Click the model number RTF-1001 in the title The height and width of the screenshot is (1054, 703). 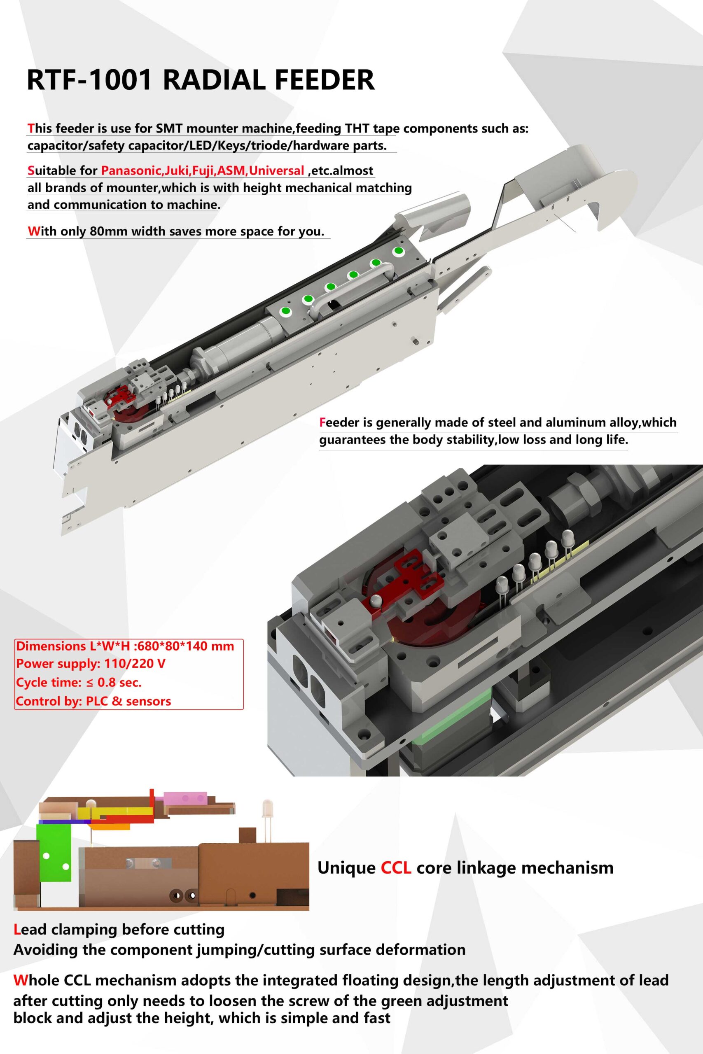pyautogui.click(x=90, y=80)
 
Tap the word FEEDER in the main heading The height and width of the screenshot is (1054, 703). pyautogui.click(x=324, y=80)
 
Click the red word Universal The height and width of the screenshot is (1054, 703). pyautogui.click(x=277, y=171)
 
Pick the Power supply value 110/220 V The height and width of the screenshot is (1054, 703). pyautogui.click(x=135, y=664)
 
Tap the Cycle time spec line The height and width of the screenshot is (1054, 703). pyautogui.click(x=79, y=683)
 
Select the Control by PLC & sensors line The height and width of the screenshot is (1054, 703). pyautogui.click(x=93, y=701)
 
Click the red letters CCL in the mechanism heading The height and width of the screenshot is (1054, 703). pyautogui.click(x=396, y=868)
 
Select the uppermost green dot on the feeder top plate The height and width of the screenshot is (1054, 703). pyautogui.click(x=398, y=252)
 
